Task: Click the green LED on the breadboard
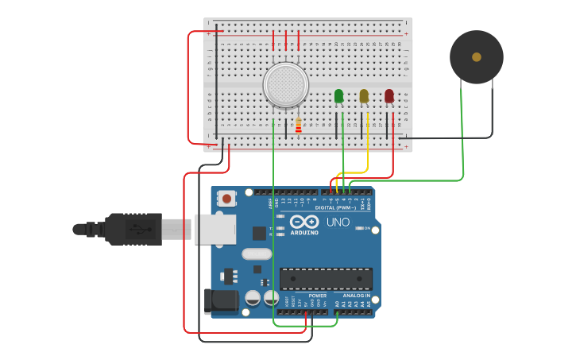click(x=339, y=96)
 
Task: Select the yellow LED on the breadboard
click(x=364, y=96)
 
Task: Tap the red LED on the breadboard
click(x=389, y=96)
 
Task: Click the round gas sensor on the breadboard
click(x=286, y=84)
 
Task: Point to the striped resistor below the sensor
click(x=299, y=126)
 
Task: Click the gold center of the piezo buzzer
click(x=476, y=57)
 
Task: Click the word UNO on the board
click(x=338, y=223)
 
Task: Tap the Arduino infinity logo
click(x=304, y=222)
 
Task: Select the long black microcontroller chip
click(x=326, y=279)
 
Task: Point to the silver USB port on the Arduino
click(x=215, y=229)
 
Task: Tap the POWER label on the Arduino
click(x=318, y=296)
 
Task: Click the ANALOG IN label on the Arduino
click(x=357, y=296)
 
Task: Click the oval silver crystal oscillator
click(x=256, y=254)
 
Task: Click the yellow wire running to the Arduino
click(x=354, y=172)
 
